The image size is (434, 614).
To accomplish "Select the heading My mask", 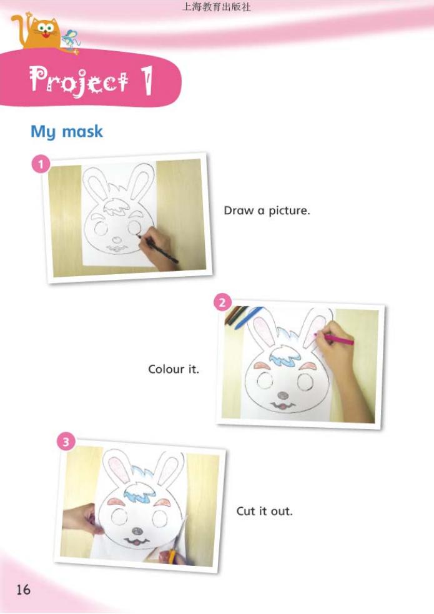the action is point(67,132).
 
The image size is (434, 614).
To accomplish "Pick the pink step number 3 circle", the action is point(66,442).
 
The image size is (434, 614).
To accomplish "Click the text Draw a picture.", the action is point(267,210).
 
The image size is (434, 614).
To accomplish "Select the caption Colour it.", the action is point(174,369).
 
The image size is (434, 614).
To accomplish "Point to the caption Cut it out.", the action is point(265,511).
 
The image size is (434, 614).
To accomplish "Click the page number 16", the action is point(22,590).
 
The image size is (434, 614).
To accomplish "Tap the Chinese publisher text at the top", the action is point(217,7).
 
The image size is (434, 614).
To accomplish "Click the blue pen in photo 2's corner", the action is point(248,317).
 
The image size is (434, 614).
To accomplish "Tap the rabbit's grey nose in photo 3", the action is point(137,531).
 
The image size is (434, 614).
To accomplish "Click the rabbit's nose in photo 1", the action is point(116,239).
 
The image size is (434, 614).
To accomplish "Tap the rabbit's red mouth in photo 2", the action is point(282,405).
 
